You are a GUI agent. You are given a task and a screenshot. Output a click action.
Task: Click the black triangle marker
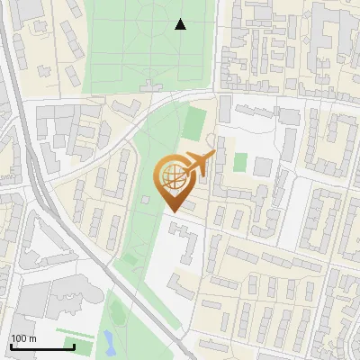180,24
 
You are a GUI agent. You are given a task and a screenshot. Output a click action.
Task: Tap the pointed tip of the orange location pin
171,211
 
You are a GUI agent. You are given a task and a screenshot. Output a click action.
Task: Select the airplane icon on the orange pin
199,164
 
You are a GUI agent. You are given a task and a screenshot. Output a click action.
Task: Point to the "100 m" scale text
23,338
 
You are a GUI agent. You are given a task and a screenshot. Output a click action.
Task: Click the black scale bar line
42,346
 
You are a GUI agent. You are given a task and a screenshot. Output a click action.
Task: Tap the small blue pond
108,341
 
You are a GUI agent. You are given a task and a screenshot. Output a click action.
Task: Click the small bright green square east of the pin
240,162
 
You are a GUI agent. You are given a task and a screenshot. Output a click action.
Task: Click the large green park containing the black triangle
148,45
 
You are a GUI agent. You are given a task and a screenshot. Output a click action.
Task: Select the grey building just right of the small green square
262,166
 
